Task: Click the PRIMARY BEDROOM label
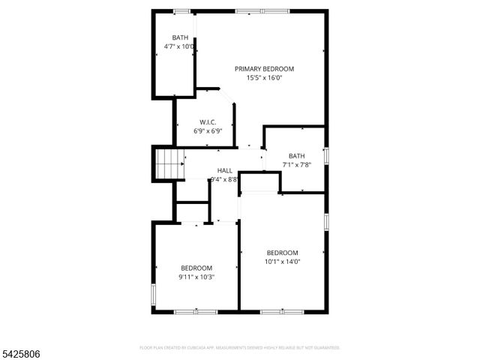point(264,69)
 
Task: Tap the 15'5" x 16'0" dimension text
point(264,77)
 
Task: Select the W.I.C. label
point(208,122)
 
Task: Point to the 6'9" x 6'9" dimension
point(208,130)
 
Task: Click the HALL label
point(225,171)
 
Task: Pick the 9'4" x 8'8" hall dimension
point(225,179)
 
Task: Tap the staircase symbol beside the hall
point(169,164)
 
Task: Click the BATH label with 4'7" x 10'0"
point(180,38)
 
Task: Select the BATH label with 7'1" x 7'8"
point(297,156)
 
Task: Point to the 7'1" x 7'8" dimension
point(297,165)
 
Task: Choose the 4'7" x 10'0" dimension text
point(180,46)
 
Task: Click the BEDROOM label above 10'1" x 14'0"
point(283,253)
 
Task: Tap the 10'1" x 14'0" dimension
point(283,262)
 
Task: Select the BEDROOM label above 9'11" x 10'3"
point(196,268)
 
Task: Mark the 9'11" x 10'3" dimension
point(196,277)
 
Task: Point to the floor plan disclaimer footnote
point(240,348)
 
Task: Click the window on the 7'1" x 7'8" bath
point(326,156)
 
